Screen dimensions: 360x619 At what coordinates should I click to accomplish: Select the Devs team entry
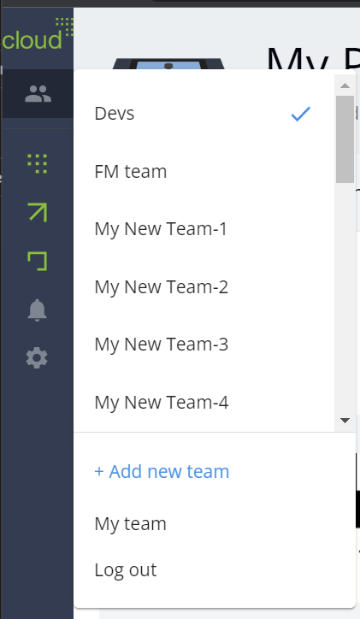click(115, 114)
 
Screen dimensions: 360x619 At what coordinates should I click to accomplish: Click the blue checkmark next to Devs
click(301, 114)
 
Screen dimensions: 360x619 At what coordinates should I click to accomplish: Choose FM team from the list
click(131, 172)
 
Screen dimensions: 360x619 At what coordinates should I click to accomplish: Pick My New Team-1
click(161, 229)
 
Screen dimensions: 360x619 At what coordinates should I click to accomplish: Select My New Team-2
click(161, 287)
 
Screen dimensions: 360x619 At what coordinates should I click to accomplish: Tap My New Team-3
click(161, 345)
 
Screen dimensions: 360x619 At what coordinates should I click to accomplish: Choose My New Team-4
click(161, 403)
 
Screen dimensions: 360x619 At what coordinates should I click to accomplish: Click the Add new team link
click(162, 471)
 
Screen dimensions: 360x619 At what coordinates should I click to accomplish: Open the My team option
click(130, 524)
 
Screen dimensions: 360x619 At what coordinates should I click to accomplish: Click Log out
click(126, 570)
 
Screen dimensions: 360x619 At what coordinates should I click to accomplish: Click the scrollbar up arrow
click(345, 85)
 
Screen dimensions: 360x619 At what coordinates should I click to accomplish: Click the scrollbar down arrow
click(345, 421)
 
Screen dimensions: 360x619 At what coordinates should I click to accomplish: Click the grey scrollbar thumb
click(345, 139)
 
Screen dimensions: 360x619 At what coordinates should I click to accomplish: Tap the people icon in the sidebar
click(38, 94)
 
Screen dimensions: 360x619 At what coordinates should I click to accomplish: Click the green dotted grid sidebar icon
click(38, 164)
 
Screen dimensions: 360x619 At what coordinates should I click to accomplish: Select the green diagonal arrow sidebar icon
click(38, 212)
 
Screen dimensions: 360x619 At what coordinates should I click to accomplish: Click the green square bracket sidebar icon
click(38, 261)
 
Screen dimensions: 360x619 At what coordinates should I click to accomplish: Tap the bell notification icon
click(37, 309)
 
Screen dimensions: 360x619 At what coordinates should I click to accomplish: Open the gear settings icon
click(37, 357)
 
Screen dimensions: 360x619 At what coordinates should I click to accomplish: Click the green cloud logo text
click(32, 40)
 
